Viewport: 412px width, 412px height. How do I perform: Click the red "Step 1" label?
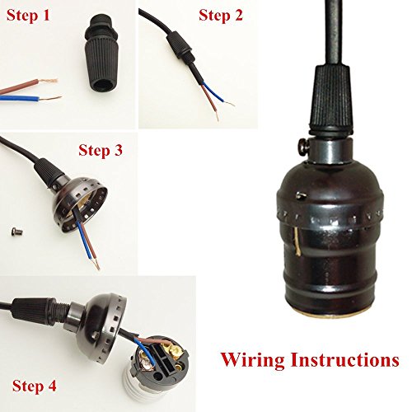tap(28, 16)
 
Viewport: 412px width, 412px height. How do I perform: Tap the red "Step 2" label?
tap(221, 15)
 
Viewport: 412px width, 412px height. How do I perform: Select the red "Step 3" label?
tap(101, 150)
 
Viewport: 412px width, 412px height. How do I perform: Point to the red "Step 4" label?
tap(35, 386)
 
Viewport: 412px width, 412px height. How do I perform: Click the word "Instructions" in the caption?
tap(345, 359)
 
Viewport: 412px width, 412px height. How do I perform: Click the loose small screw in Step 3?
tap(17, 232)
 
